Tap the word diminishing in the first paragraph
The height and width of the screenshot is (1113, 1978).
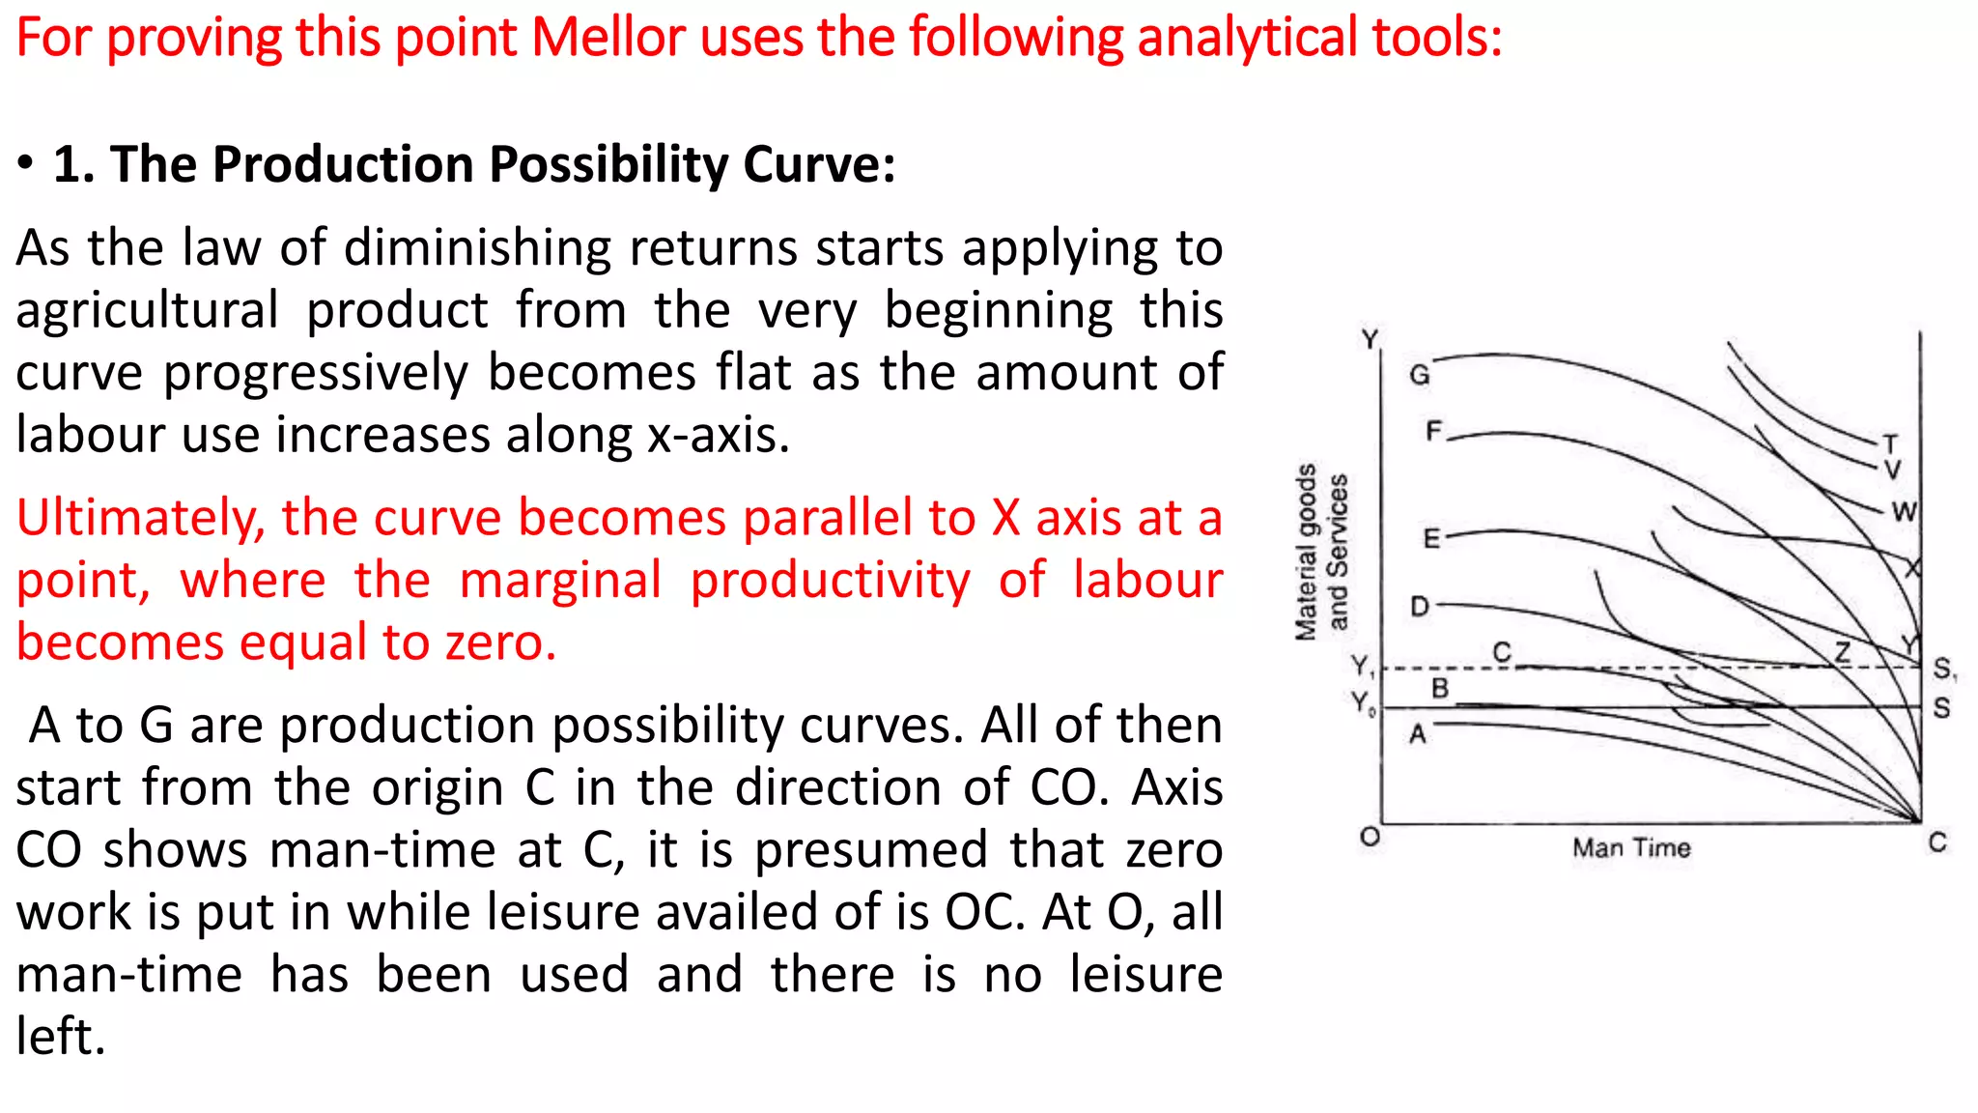[477, 248]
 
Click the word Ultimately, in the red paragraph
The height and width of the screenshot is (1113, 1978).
[141, 519]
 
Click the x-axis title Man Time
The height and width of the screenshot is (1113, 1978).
[1631, 848]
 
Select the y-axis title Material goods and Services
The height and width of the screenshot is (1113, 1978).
[1320, 552]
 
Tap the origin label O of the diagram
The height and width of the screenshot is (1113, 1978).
[1370, 837]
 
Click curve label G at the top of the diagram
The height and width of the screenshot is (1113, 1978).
[1419, 375]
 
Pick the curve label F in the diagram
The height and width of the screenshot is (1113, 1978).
[1434, 430]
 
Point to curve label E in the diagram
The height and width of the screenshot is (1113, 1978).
[1431, 538]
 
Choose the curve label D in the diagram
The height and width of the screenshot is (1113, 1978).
[1419, 607]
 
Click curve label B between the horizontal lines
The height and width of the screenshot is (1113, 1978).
[1439, 688]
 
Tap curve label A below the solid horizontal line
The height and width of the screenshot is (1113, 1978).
[1417, 735]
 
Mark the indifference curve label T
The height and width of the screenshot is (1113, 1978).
[1890, 444]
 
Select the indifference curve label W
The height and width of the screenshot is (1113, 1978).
[1904, 512]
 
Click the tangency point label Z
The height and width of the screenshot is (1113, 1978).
[1842, 652]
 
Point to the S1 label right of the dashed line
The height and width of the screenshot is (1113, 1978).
[1943, 669]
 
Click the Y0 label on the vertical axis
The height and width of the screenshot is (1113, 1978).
[1363, 702]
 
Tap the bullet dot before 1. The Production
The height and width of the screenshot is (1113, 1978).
[26, 164]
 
